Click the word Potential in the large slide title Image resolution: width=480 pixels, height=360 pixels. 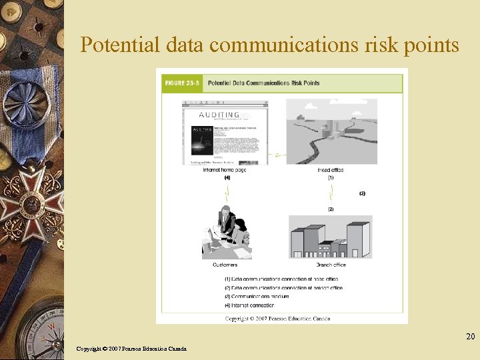[119, 45]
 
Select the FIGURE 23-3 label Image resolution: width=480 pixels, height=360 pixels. [181, 83]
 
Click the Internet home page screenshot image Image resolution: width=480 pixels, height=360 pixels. [225, 131]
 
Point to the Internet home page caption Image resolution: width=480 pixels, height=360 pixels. [225, 170]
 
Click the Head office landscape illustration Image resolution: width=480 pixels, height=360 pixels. [331, 131]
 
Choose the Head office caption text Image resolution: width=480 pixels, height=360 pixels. [331, 170]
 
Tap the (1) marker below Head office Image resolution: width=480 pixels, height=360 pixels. [331, 178]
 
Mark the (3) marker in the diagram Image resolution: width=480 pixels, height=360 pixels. [362, 194]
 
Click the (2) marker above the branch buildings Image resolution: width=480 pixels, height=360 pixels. [331, 209]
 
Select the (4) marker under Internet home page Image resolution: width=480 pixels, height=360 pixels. [227, 178]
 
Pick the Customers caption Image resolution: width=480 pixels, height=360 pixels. [225, 265]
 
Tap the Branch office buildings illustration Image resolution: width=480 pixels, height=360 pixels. [330, 237]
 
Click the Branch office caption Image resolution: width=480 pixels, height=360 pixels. [331, 265]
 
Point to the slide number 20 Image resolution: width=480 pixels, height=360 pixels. [470, 337]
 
